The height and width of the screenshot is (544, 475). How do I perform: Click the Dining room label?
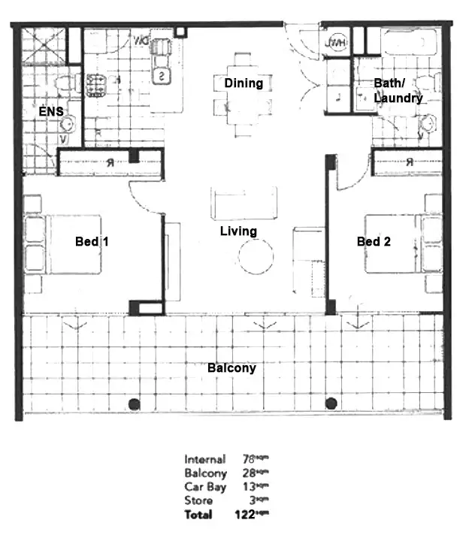(244, 83)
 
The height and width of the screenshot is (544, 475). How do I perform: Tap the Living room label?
(238, 231)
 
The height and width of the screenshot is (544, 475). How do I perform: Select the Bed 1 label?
(92, 242)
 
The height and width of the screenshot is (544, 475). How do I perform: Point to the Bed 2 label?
(374, 242)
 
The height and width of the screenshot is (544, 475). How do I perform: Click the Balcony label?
(231, 368)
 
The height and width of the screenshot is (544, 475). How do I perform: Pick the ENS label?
(51, 112)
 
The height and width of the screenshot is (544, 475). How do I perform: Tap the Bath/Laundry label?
(398, 91)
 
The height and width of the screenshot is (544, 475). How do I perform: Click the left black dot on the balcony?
(134, 403)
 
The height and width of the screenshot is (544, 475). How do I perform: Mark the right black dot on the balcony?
(331, 403)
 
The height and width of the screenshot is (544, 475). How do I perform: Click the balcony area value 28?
(248, 473)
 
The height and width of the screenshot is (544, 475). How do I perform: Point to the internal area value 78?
(248, 459)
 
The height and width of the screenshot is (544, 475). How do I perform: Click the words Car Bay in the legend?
(204, 487)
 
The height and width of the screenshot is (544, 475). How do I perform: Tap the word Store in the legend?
(198, 500)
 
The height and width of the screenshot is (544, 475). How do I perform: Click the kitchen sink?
(163, 76)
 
